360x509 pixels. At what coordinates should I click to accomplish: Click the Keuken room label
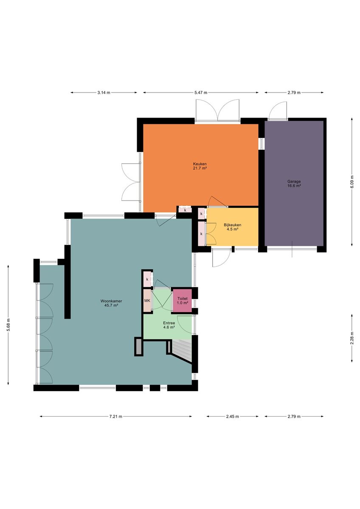click(200, 164)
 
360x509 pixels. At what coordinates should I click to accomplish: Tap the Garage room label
click(294, 182)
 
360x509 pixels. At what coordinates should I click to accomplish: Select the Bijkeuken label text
click(232, 225)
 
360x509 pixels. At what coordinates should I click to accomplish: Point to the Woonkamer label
click(111, 301)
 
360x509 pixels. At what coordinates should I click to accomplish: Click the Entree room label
click(169, 323)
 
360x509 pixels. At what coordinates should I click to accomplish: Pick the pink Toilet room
click(182, 301)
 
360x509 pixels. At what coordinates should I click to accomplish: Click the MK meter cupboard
click(147, 301)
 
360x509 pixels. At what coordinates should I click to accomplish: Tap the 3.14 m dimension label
click(104, 92)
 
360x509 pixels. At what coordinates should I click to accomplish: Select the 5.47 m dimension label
click(201, 92)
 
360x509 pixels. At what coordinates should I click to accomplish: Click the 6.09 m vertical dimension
click(352, 182)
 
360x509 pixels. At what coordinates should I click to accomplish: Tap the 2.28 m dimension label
click(352, 338)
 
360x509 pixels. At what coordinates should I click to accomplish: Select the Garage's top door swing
click(277, 110)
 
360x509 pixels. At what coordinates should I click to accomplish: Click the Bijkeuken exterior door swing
click(221, 258)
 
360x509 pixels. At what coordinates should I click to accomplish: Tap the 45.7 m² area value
click(111, 305)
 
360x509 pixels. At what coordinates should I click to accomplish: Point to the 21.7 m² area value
click(200, 168)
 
